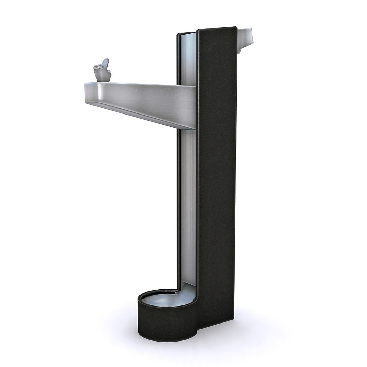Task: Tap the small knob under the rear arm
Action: (x=239, y=51)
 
